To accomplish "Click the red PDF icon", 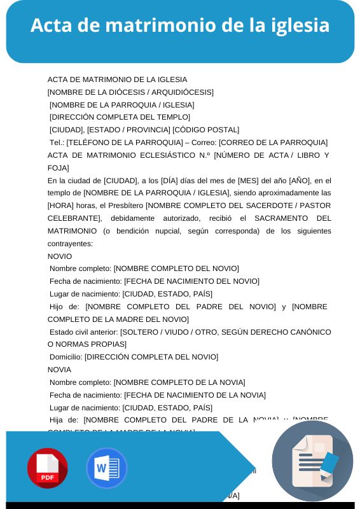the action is pyautogui.click(x=47, y=468).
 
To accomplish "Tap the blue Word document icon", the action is pyautogui.click(x=106, y=468).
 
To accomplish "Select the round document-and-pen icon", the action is pyautogui.click(x=312, y=461).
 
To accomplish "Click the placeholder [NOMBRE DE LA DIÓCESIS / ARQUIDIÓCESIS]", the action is pyautogui.click(x=130, y=92).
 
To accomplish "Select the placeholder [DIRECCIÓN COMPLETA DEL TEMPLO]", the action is pyautogui.click(x=120, y=117).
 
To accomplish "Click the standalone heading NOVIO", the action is pyautogui.click(x=60, y=256).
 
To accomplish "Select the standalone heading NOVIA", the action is pyautogui.click(x=60, y=370).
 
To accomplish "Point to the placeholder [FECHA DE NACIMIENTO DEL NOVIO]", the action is pyautogui.click(x=191, y=281).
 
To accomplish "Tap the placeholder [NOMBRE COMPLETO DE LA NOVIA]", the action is pyautogui.click(x=179, y=382).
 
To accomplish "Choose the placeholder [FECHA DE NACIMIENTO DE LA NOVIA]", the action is pyautogui.click(x=195, y=395).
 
